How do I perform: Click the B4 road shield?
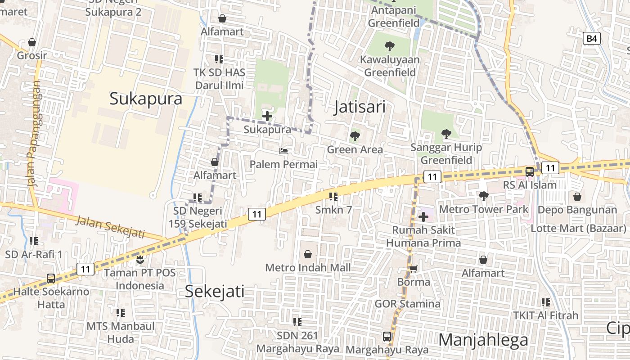click(592, 39)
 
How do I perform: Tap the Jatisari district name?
click(360, 107)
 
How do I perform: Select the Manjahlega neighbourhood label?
click(483, 340)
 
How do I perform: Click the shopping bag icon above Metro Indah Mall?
click(308, 255)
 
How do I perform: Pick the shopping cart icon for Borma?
click(413, 269)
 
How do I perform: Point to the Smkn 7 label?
click(333, 210)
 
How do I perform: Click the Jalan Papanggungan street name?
click(33, 134)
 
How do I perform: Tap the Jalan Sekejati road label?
click(110, 226)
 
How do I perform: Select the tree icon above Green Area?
click(355, 136)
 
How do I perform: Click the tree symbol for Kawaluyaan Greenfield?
click(389, 46)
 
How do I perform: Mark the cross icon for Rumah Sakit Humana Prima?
click(423, 217)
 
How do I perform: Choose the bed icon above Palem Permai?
click(283, 151)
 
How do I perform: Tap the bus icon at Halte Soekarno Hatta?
click(51, 278)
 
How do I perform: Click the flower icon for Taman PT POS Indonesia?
click(140, 259)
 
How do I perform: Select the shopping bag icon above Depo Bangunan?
click(577, 197)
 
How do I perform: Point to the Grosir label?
click(32, 56)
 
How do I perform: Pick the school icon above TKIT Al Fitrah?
click(546, 302)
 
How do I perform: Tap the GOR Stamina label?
click(407, 304)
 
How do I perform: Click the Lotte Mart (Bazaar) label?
click(578, 228)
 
